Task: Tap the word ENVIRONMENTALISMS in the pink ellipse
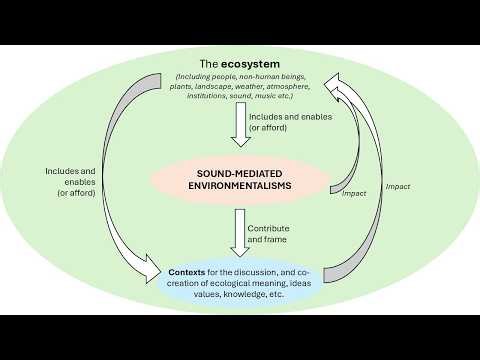(240, 185)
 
